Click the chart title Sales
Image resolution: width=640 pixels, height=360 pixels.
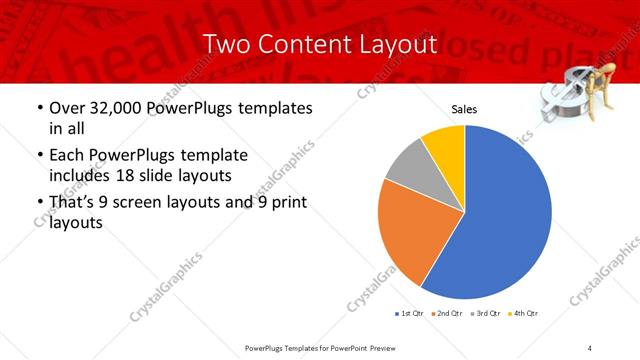tap(464, 109)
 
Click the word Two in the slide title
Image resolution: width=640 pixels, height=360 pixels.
tap(225, 45)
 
